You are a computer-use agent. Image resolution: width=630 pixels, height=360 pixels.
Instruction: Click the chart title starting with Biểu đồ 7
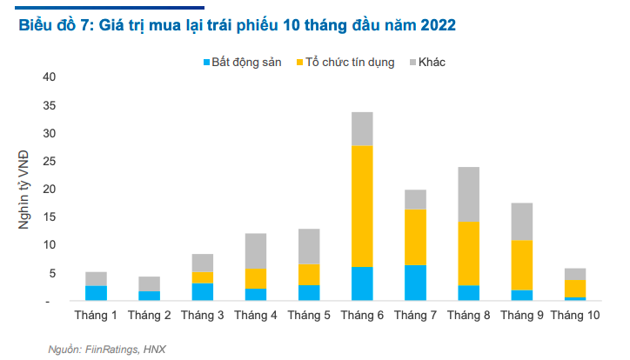pos(237,26)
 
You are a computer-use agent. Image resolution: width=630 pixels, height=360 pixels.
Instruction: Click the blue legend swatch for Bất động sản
pos(206,63)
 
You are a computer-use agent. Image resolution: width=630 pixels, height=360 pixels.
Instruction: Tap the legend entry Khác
pos(432,63)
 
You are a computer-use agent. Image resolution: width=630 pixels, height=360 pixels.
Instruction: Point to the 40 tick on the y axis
pos(49,77)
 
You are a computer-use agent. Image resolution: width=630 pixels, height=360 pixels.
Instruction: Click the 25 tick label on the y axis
pos(49,162)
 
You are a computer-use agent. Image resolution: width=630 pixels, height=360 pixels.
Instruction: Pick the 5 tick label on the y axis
pos(51,273)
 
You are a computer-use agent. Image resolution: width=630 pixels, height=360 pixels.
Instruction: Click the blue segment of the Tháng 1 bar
pos(96,293)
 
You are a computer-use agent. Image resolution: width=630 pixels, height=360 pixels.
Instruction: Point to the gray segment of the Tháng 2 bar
pos(149,283)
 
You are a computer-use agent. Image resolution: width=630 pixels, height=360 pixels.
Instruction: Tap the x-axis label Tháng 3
pos(202,316)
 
